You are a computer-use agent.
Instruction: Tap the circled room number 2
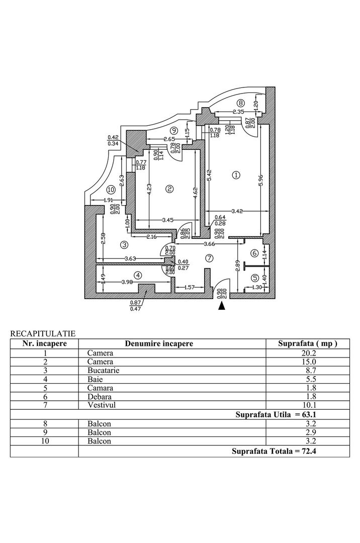pyautogui.click(x=169, y=189)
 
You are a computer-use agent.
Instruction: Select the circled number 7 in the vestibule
pyautogui.click(x=210, y=258)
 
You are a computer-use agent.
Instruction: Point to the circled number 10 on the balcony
pyautogui.click(x=111, y=190)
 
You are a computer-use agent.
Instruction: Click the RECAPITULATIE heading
pyautogui.click(x=43, y=333)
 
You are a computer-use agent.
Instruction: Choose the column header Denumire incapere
pyautogui.click(x=159, y=343)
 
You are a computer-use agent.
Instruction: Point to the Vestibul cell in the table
pyautogui.click(x=99, y=405)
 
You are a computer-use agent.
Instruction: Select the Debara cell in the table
pyautogui.click(x=98, y=397)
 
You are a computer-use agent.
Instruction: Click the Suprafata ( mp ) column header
pyautogui.click(x=307, y=343)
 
